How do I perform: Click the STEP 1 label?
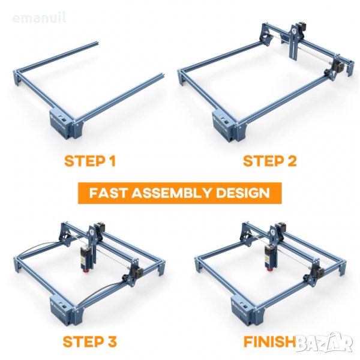point(90,161)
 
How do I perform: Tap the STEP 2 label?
point(270,161)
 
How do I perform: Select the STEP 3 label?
point(90,341)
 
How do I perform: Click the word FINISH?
point(269,341)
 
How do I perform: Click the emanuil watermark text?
point(39,17)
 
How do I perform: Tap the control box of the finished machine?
point(243,310)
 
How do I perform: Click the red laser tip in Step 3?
point(86,271)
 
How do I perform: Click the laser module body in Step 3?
point(85,257)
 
